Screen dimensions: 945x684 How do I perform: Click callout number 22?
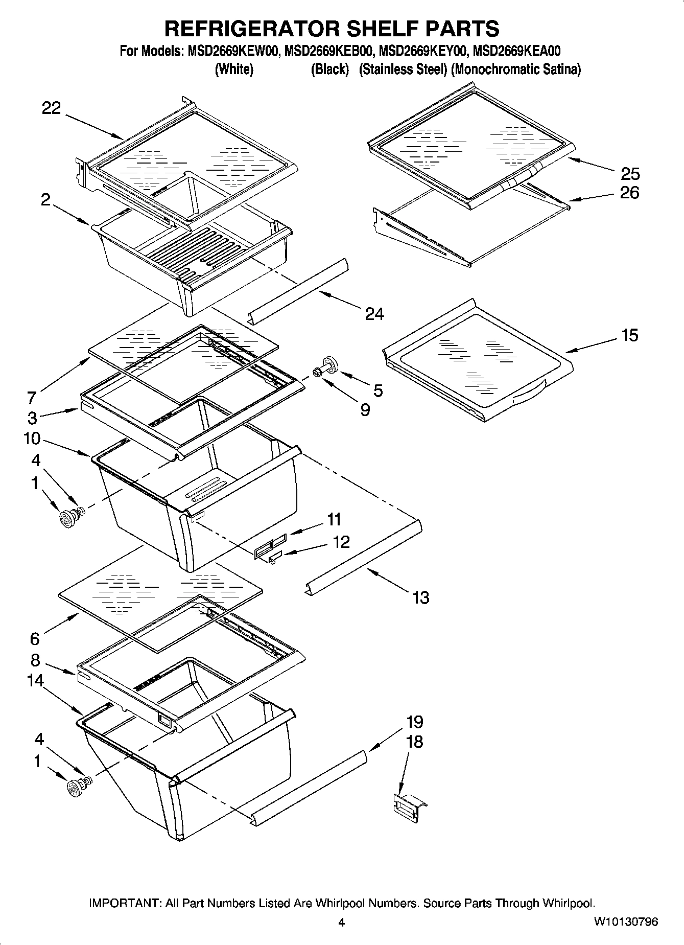51,108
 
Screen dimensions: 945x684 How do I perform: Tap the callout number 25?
630,174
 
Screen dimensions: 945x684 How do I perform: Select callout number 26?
630,193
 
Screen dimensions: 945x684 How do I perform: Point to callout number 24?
374,313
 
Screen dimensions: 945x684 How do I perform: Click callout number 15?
629,335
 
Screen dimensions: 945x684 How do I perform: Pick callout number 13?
421,597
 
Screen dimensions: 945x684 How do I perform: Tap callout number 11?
334,519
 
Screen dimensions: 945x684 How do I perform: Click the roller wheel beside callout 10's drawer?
67,519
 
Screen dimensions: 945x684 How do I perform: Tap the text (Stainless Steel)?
403,69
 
